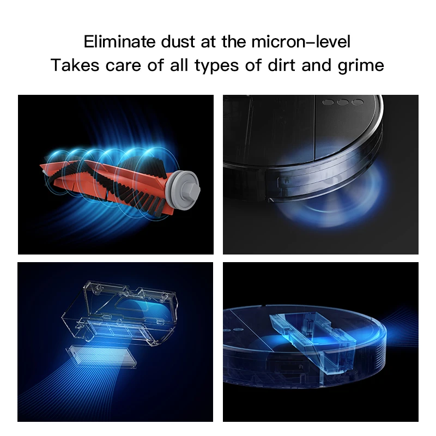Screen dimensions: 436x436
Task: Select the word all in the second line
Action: pos(174,66)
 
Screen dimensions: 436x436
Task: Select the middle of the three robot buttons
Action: pos(343,102)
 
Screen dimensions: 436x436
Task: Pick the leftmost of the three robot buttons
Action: pos(329,101)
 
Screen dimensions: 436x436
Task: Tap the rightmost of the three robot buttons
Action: pos(357,102)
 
